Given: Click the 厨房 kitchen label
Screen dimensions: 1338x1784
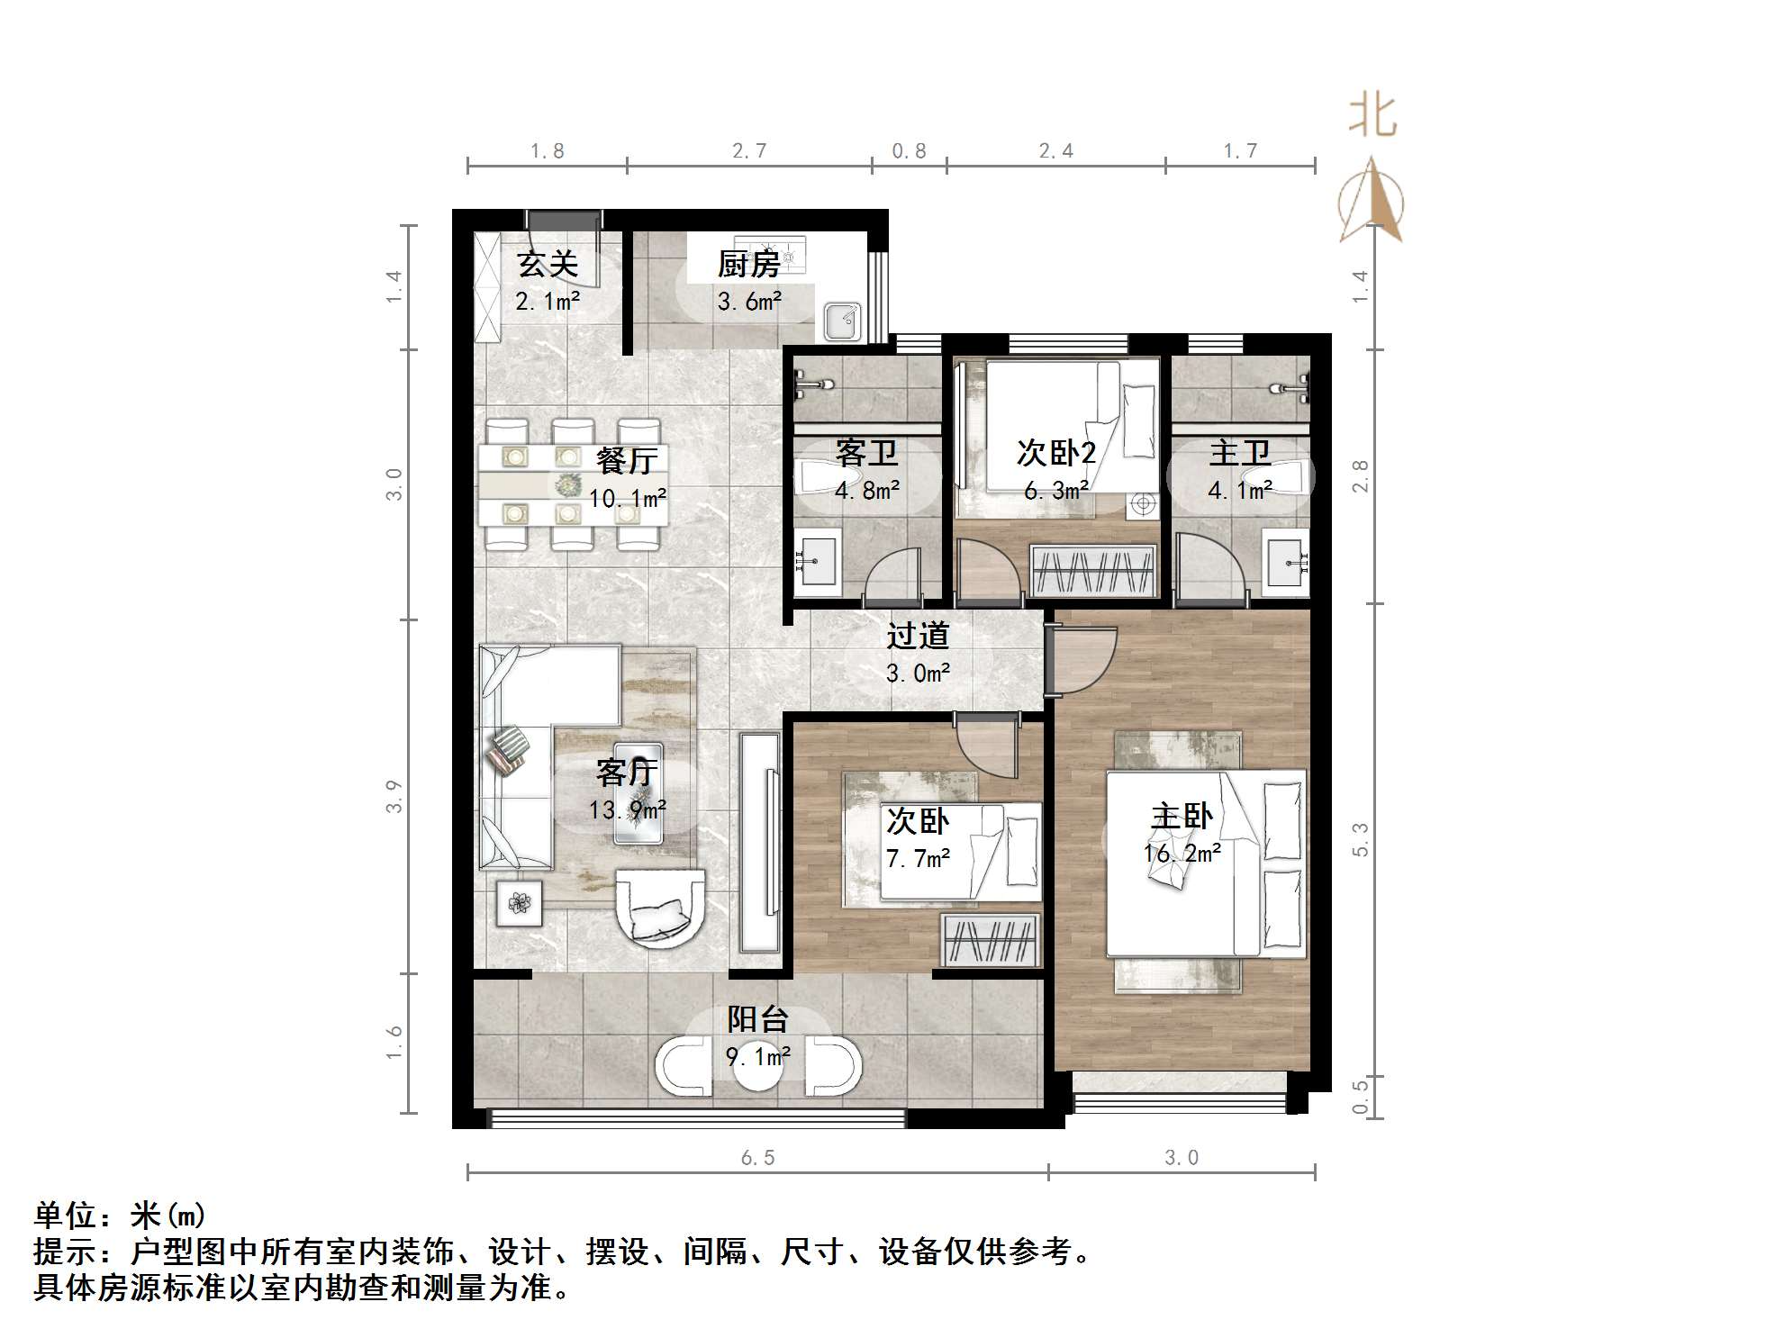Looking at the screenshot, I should [748, 265].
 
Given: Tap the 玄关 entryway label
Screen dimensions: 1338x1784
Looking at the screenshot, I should [547, 265].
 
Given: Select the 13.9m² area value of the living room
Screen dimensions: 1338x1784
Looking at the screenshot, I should [628, 809].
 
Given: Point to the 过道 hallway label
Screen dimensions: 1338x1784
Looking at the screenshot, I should [918, 637].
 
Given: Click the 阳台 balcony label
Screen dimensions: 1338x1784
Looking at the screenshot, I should [758, 1019].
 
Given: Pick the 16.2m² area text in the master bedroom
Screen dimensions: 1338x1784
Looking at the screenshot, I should [1182, 853].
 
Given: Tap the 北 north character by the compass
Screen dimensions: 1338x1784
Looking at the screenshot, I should [1372, 117].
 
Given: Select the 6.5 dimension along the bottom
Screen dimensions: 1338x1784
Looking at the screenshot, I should [757, 1158].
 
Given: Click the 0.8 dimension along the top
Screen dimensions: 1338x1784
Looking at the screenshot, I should [909, 151].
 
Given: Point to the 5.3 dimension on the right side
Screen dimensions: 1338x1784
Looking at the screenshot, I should [1360, 838].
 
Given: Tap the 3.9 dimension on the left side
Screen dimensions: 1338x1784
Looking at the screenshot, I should [394, 796].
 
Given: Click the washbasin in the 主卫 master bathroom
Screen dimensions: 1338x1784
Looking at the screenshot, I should [1286, 563].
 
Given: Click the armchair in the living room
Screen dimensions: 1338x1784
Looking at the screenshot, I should [659, 905].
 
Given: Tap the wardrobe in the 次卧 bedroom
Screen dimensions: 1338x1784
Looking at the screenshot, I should [989, 939].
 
